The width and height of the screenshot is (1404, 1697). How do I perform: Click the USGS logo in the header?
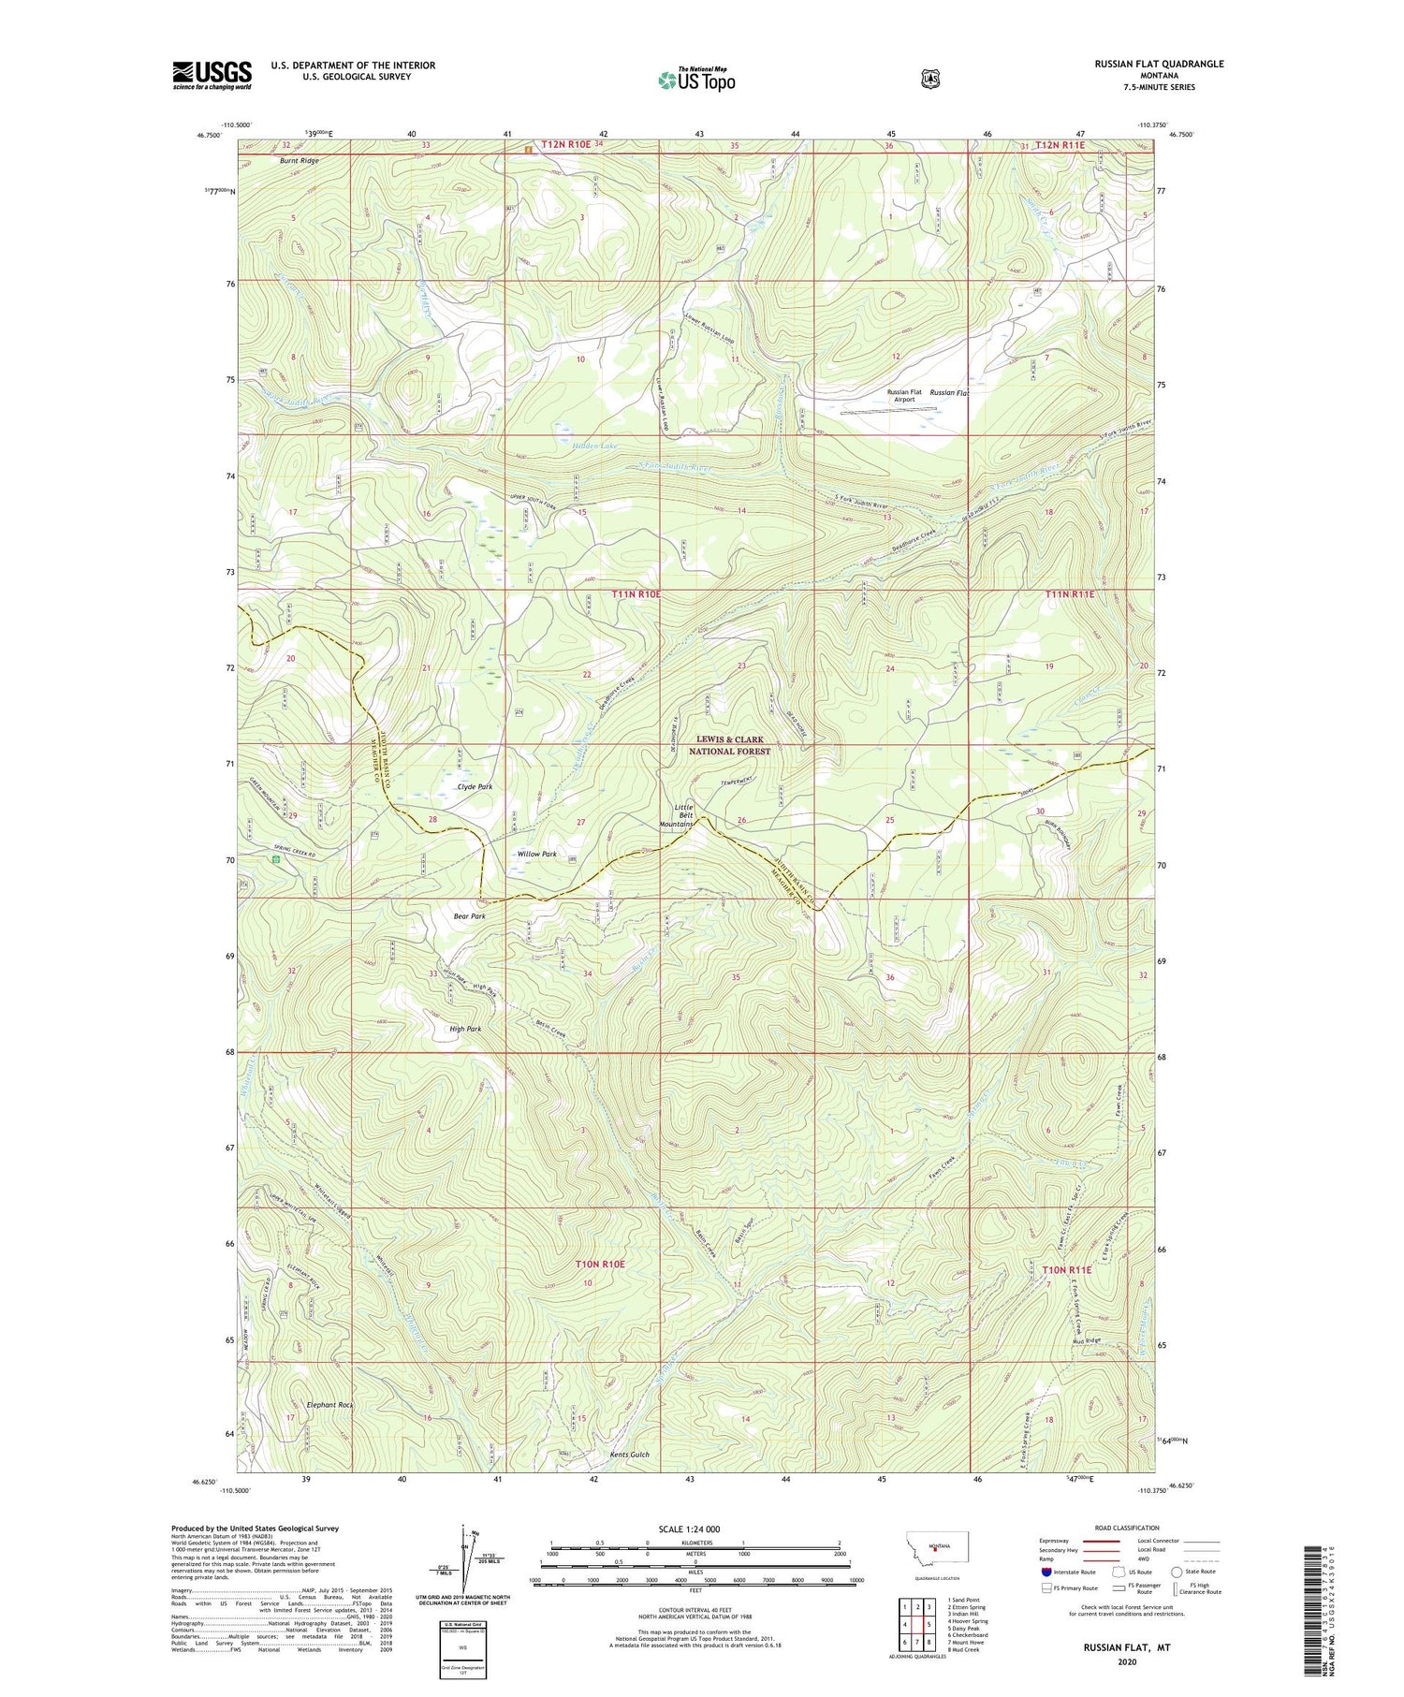212,75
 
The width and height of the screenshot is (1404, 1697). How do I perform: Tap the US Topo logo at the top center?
696,80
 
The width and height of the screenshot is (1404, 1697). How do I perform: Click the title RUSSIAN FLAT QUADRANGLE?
1159,64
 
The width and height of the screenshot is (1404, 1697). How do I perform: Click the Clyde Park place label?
475,786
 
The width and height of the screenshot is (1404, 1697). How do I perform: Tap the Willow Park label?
536,854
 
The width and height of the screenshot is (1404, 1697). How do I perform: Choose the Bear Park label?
469,916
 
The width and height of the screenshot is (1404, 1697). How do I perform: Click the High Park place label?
465,1029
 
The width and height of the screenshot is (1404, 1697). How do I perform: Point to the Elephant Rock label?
330,1405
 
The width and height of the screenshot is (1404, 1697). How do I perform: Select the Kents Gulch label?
629,1455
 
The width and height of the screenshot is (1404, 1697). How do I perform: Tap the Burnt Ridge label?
299,160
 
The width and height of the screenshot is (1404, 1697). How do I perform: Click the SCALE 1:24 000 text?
695,1529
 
